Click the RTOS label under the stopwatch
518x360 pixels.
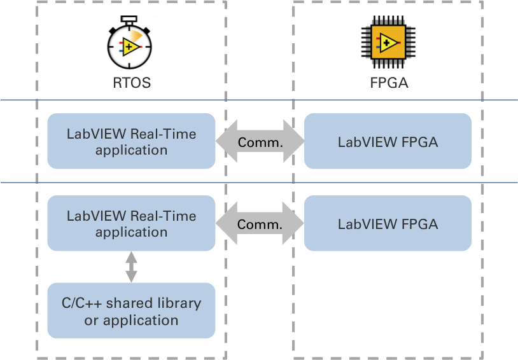point(131,83)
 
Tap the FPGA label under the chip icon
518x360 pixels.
point(389,83)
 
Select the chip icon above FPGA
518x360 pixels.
point(388,43)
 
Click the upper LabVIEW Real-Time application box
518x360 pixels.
point(131,141)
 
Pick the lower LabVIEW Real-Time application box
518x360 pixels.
point(131,224)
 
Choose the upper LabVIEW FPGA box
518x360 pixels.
point(388,141)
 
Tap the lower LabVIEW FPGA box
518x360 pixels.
point(388,223)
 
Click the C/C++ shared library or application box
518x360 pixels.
point(131,310)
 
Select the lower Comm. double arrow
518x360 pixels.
point(260,224)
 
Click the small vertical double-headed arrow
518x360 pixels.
point(131,267)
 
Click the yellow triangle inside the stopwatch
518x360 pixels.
point(130,46)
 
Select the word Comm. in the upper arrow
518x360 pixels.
point(260,142)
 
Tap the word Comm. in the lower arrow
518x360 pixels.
point(260,224)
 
